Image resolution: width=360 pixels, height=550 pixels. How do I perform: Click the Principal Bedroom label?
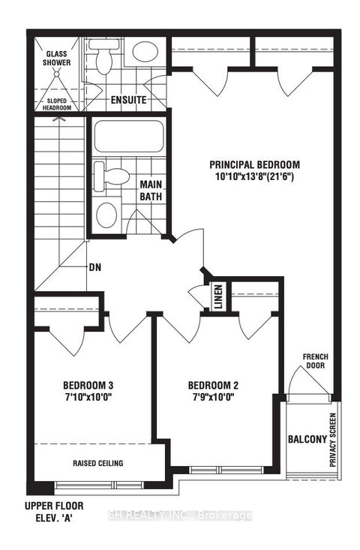[x=254, y=165]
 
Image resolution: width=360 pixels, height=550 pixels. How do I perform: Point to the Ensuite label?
[x=128, y=100]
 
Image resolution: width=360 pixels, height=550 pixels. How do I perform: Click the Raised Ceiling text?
[x=97, y=463]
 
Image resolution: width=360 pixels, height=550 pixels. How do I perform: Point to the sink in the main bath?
[x=107, y=214]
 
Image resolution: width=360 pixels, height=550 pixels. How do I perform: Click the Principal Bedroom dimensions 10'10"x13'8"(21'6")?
[x=254, y=178]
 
